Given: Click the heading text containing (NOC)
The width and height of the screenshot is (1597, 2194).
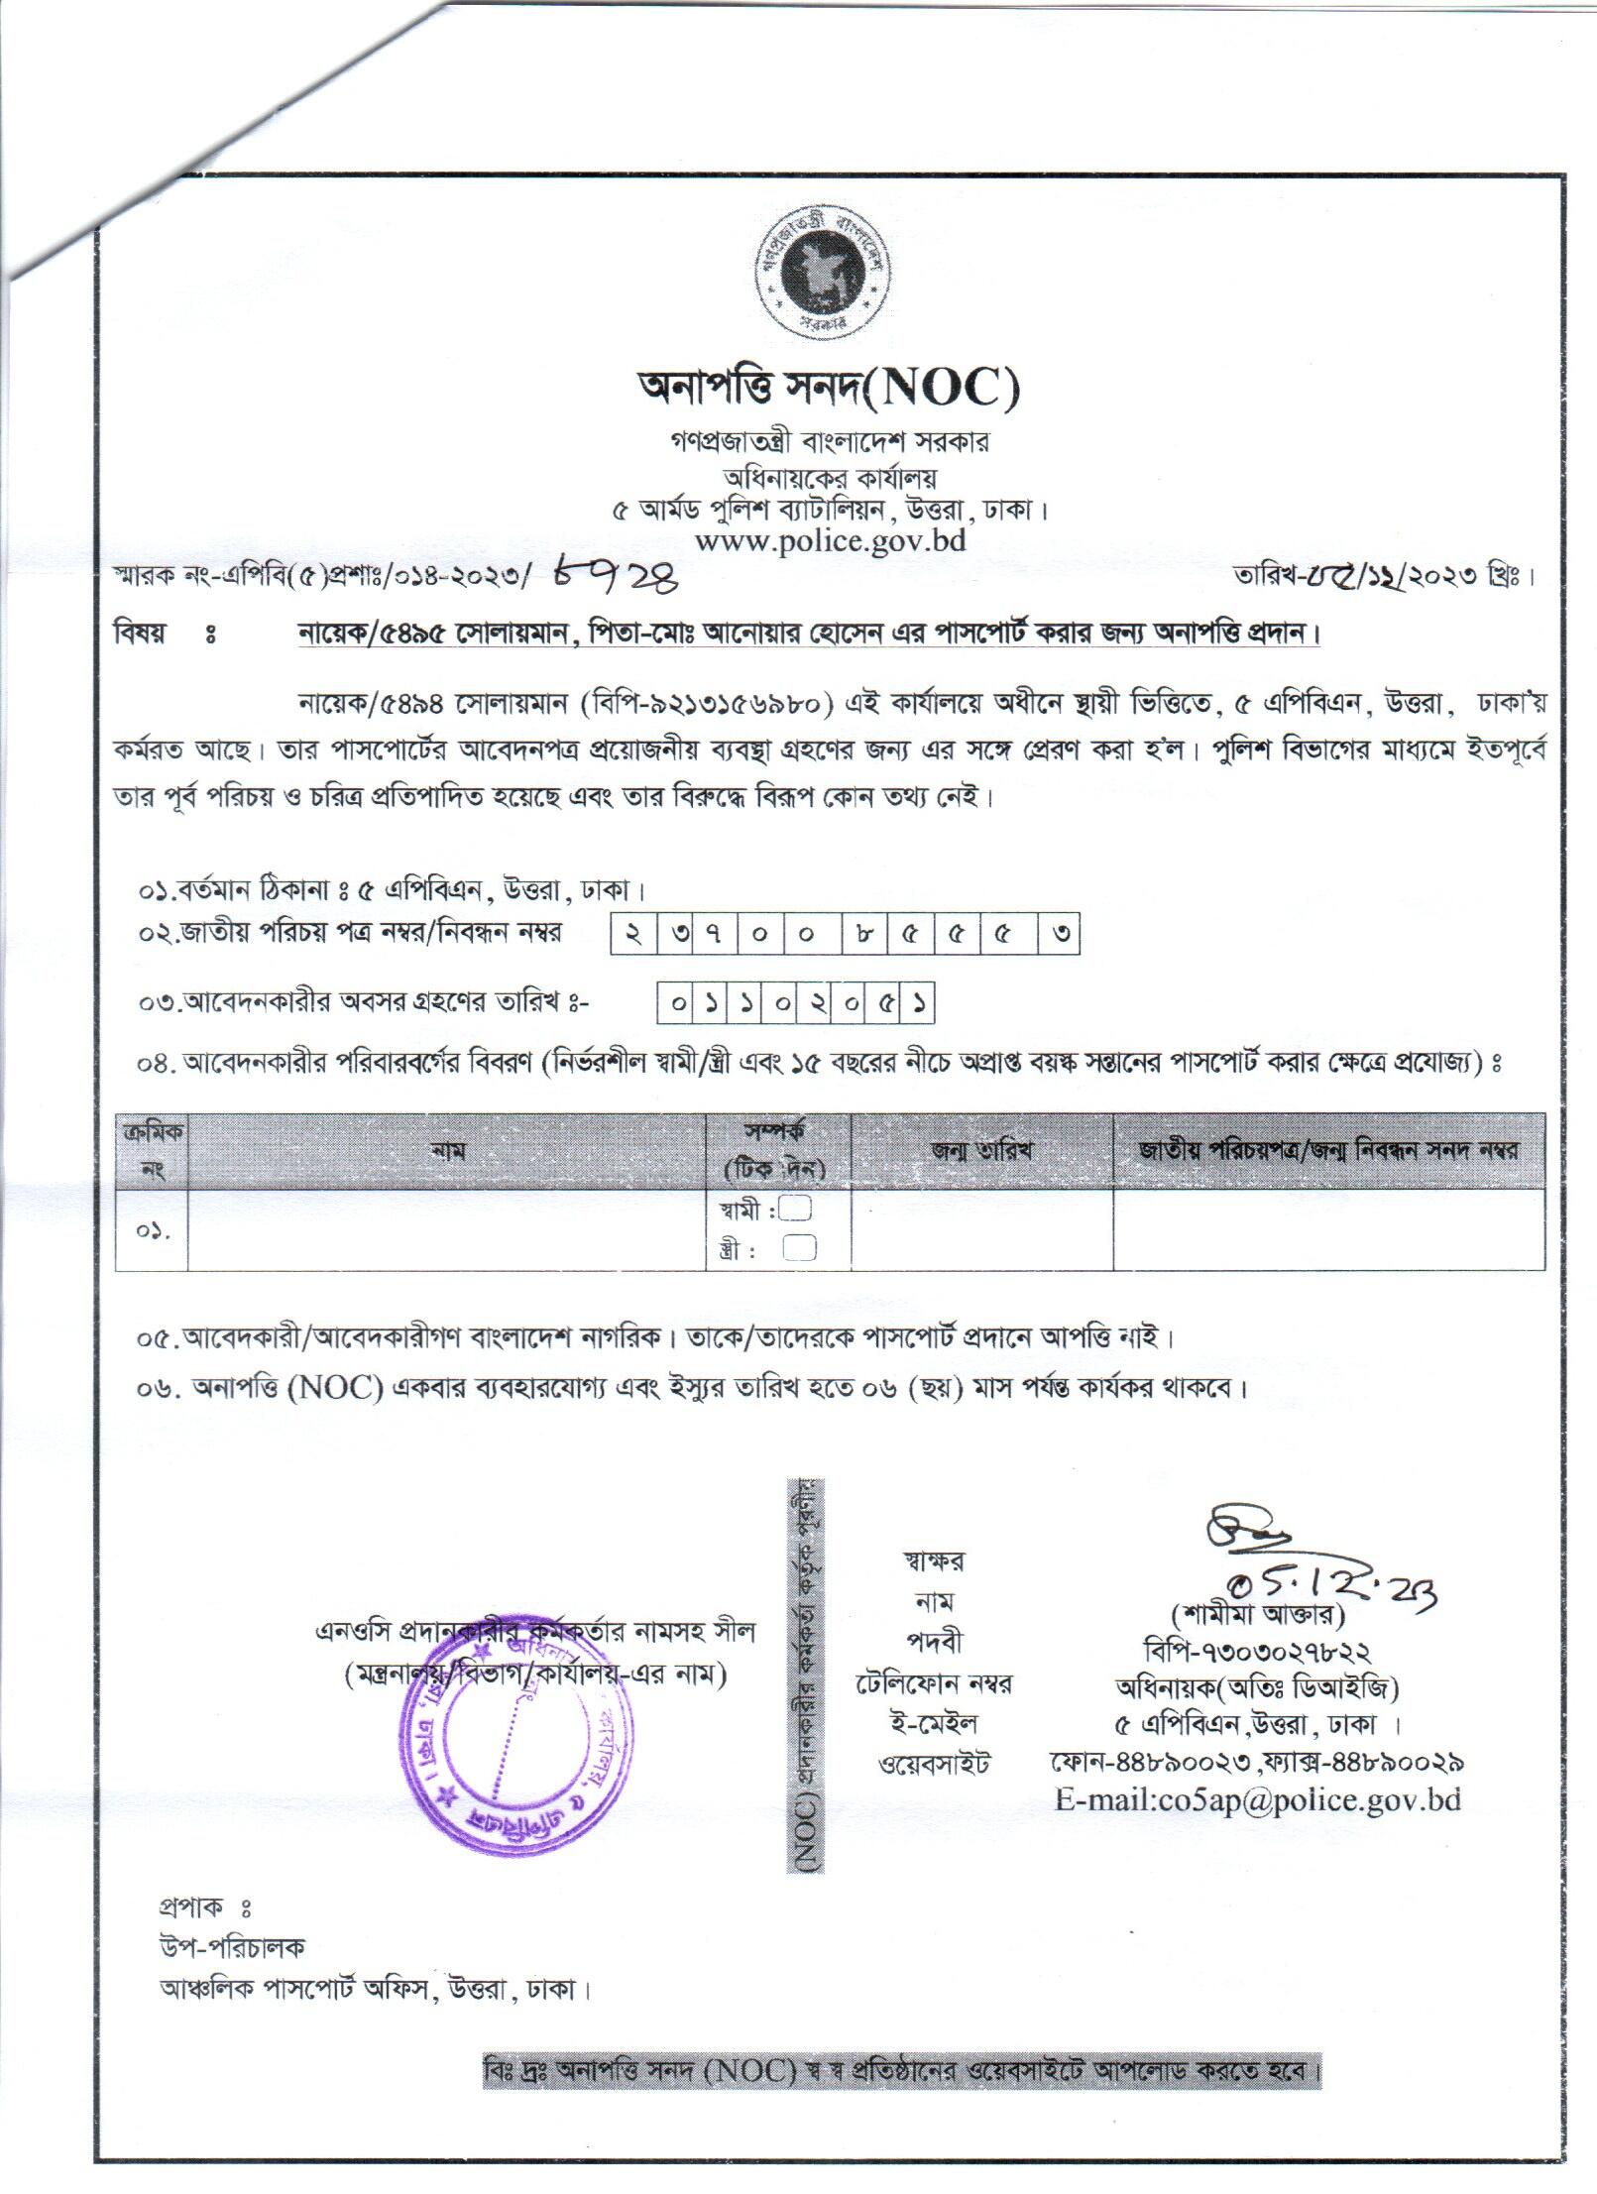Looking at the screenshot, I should point(829,390).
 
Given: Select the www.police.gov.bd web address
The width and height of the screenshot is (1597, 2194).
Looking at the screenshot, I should point(830,541).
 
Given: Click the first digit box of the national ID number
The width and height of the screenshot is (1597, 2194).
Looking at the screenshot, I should point(632,935).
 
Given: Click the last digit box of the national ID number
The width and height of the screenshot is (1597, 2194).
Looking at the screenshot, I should point(1059,935).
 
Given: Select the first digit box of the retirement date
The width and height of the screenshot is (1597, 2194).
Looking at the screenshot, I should point(678,1004).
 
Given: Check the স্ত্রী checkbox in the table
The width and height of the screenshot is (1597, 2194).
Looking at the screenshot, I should point(799,1248).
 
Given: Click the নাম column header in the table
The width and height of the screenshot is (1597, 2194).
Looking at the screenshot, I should point(448,1151).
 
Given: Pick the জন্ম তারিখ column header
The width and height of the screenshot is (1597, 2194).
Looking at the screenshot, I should point(981,1151).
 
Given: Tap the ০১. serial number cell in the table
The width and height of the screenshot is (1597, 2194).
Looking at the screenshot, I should point(152,1231).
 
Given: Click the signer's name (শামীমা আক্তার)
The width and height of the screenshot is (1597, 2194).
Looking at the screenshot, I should point(1256,1615).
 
